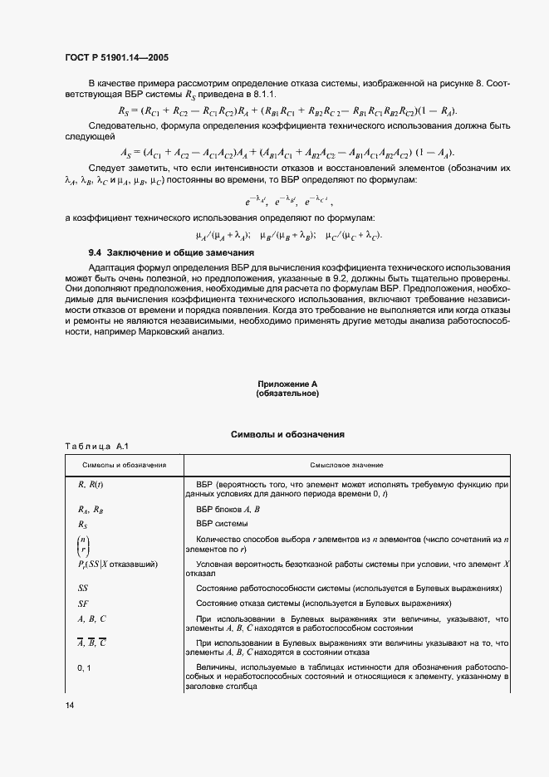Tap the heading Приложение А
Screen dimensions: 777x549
click(x=287, y=384)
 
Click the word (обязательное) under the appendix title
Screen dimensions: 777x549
click(x=287, y=393)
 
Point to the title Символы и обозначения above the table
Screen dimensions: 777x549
click(x=287, y=434)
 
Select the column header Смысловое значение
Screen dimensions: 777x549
click(x=346, y=465)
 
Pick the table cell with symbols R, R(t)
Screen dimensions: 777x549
click(x=90, y=483)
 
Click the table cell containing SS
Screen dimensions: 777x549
click(x=83, y=588)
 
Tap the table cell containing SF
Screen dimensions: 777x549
click(x=83, y=604)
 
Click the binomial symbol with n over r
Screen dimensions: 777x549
click(x=84, y=547)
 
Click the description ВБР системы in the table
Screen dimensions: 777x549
click(x=222, y=524)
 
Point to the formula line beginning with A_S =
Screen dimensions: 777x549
click(x=287, y=152)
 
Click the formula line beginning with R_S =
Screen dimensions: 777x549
click(x=287, y=110)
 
